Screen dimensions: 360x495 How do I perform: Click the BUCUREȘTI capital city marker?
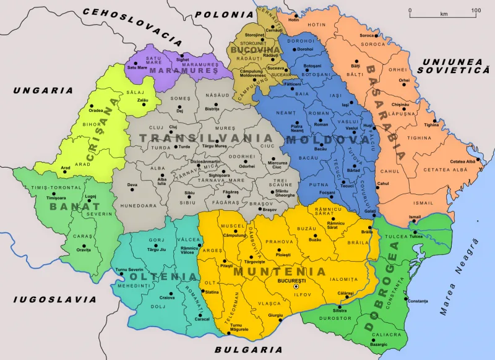296,287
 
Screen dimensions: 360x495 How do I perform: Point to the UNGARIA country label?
43,91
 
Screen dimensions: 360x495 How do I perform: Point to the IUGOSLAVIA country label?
46,299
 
